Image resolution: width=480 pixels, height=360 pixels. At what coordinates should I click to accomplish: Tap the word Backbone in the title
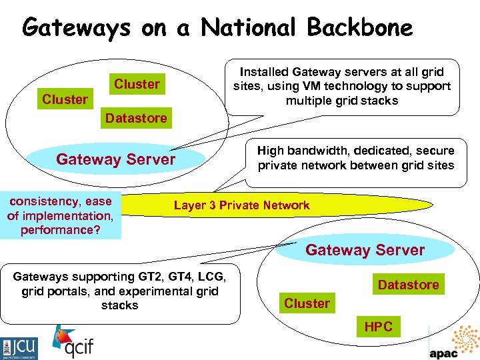(360, 28)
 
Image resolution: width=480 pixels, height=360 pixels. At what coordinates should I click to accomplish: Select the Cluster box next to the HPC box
(307, 303)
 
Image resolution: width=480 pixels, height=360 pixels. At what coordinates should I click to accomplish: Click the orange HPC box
(378, 327)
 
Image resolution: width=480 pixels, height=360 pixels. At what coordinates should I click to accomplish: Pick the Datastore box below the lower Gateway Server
(408, 285)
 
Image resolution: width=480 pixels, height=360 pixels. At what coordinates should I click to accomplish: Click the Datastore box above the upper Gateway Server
(136, 118)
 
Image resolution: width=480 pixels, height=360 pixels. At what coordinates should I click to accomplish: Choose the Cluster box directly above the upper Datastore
(137, 84)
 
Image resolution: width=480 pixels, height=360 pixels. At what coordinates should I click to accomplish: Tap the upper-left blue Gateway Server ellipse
(116, 159)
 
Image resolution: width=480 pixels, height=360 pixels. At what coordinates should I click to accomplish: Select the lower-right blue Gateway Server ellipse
(365, 250)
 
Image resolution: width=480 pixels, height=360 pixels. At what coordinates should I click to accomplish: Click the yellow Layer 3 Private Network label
(241, 205)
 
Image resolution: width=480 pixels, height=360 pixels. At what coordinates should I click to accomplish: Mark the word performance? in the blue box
(61, 230)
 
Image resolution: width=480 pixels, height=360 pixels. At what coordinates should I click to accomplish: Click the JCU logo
(20, 347)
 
